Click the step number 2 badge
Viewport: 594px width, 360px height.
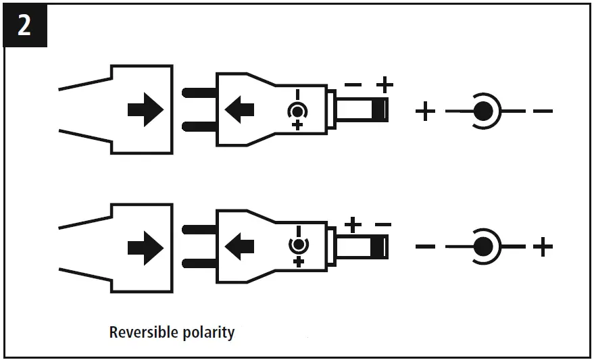pos(24,26)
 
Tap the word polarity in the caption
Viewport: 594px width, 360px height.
pos(209,332)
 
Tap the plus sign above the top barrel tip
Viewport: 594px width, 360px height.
pos(385,85)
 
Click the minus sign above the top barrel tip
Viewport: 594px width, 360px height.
pos(353,85)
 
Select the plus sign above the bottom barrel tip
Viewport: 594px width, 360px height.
pos(353,224)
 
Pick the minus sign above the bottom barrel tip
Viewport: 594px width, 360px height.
pos(383,224)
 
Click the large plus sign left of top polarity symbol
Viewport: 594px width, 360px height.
pos(424,111)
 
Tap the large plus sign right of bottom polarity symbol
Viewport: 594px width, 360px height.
pos(542,247)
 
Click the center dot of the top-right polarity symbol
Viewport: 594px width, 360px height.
pos(481,111)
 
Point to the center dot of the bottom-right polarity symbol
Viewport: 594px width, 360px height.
pos(481,247)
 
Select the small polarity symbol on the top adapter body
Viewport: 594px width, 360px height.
pos(297,110)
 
